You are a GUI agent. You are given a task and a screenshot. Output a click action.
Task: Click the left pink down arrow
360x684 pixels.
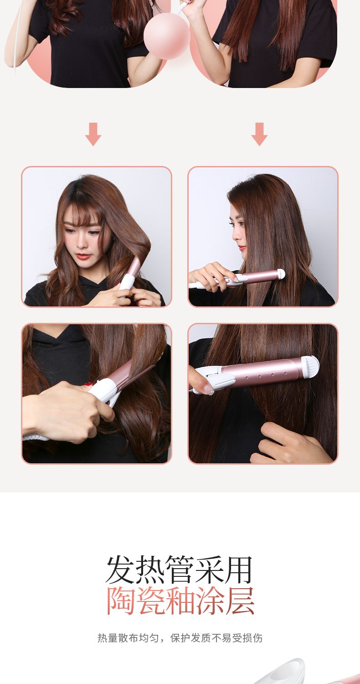93,135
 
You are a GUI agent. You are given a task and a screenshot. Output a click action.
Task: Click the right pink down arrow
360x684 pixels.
260,135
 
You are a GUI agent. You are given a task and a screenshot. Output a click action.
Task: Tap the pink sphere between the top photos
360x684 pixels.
167,36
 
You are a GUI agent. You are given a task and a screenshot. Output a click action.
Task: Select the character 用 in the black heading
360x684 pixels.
238,570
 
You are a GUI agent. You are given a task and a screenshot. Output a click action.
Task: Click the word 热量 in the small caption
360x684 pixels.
108,638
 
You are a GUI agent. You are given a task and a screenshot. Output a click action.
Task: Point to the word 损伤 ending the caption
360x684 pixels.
252,638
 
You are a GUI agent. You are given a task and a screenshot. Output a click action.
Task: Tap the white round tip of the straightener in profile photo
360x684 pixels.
281,274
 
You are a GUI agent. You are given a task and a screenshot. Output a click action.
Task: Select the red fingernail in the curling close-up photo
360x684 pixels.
88,384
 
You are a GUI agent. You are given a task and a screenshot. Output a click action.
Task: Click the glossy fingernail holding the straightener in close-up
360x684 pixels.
209,389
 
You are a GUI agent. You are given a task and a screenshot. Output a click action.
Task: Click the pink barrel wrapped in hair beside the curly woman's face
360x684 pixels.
134,264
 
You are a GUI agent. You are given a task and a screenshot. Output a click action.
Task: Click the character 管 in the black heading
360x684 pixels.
180,570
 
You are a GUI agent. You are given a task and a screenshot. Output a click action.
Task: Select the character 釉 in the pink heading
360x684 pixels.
180,601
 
